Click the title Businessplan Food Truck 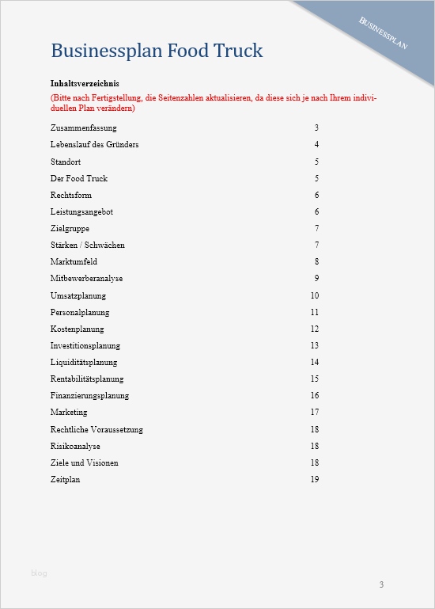click(157, 51)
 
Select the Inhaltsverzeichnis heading click(85, 83)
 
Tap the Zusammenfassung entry click(83, 128)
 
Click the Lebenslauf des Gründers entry click(95, 145)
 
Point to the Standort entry click(66, 162)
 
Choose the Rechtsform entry click(70, 195)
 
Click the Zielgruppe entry click(70, 228)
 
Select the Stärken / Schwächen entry click(88, 246)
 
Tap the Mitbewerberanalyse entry click(87, 279)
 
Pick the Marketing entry click(69, 413)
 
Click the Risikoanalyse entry click(75, 447)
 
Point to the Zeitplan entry click(66, 480)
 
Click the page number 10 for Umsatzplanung click(314, 295)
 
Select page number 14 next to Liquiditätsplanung click(314, 363)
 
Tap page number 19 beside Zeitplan click(314, 480)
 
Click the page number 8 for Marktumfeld click(316, 262)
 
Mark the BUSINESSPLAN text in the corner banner click(384, 32)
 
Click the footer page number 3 click(381, 585)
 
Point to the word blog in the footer click(39, 573)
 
